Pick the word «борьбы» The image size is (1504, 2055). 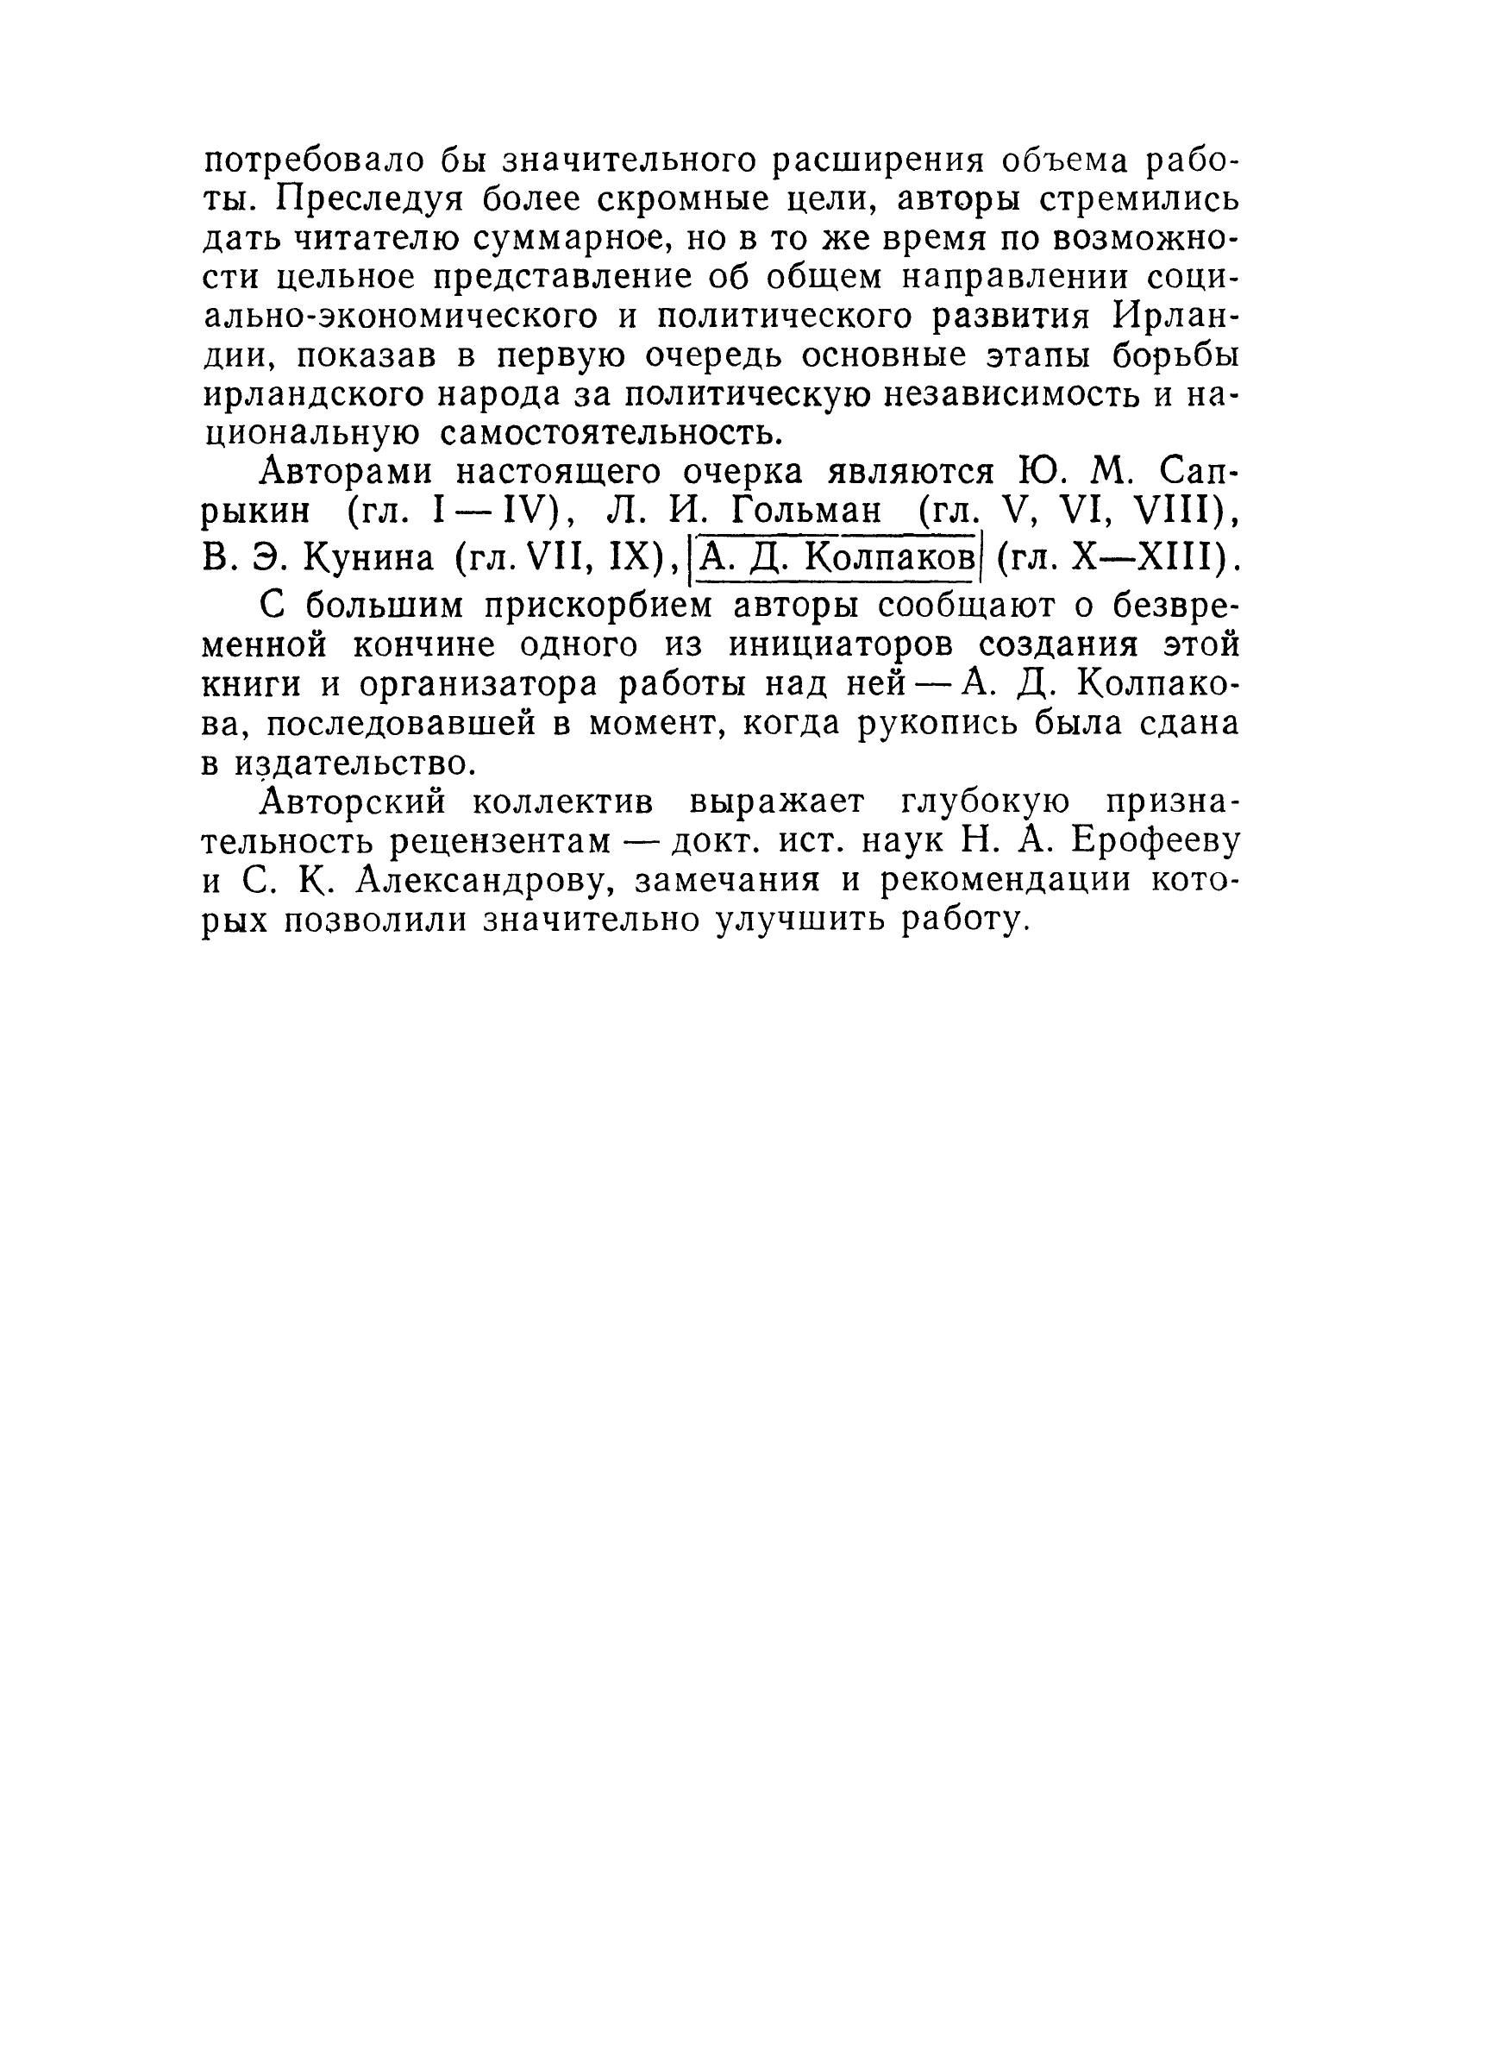[1175, 356]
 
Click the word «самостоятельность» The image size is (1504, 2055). [611, 434]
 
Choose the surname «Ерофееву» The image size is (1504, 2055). [1156, 843]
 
